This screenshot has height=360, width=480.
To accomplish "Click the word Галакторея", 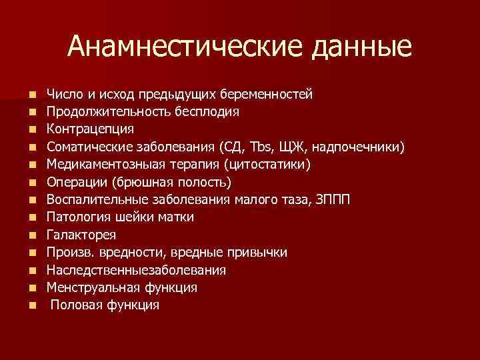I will tap(81, 235).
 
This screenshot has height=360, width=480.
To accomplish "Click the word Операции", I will tap(77, 181).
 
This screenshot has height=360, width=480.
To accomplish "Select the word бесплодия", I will tap(207, 110).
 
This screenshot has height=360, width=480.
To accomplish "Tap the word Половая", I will tap(75, 305).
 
